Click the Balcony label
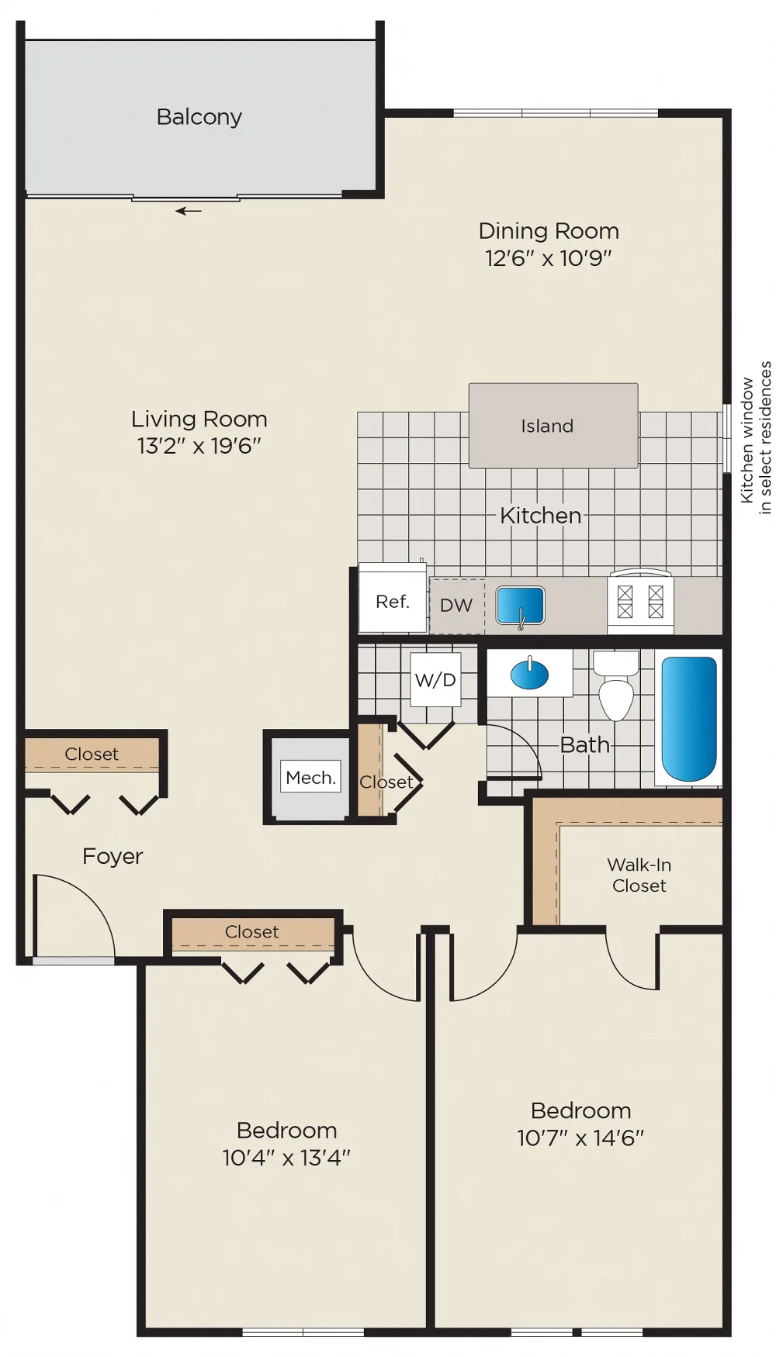pos(199,117)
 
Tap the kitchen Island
pos(553,426)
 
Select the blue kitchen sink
pos(520,605)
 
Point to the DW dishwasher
pos(457,606)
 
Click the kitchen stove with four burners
pos(640,602)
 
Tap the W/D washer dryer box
pos(435,679)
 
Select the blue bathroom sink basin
pos(529,674)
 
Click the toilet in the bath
pos(616,685)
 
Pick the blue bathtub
pos(689,719)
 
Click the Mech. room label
pos(310,777)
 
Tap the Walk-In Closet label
pos(639,875)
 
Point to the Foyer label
pos(113,856)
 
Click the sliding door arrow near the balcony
pos(189,211)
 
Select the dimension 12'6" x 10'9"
pos(549,258)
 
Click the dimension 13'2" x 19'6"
pos(199,446)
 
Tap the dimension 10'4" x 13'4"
pos(286,1158)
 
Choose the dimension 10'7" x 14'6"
pos(580,1138)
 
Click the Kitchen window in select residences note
pos(756,438)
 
